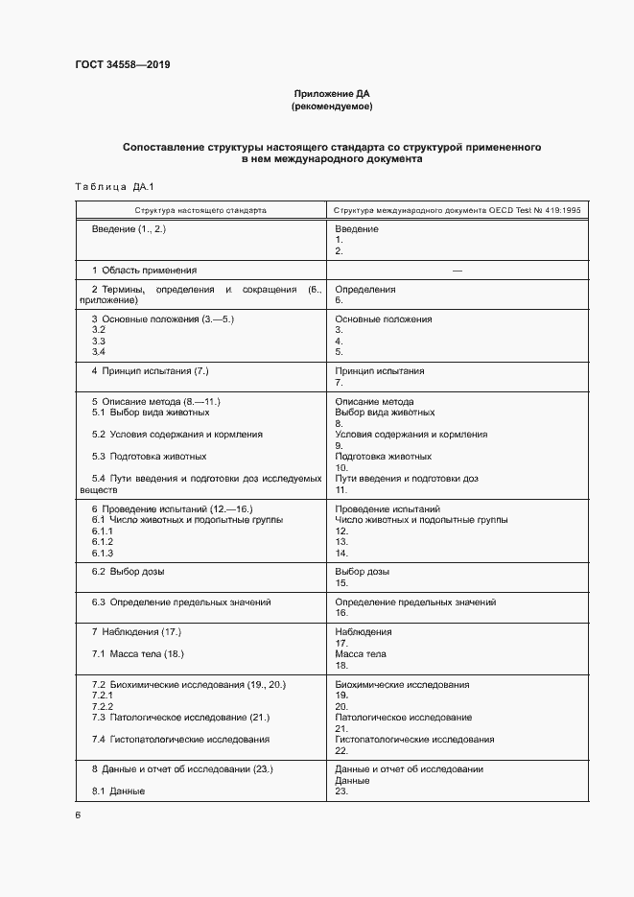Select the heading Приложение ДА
click(x=331, y=94)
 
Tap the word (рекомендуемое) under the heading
click(x=331, y=107)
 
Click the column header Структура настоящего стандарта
click(x=200, y=208)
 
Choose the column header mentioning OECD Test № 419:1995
click(x=457, y=208)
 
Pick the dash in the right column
click(x=457, y=271)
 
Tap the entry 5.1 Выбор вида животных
click(x=150, y=413)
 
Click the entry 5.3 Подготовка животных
click(x=149, y=457)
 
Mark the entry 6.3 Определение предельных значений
click(x=181, y=602)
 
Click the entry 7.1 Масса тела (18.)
click(x=137, y=654)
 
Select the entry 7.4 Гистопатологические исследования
click(x=180, y=740)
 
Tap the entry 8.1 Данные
click(x=118, y=791)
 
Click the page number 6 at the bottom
click(x=78, y=815)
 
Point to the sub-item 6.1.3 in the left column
click(x=103, y=554)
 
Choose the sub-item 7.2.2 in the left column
click(x=103, y=706)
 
